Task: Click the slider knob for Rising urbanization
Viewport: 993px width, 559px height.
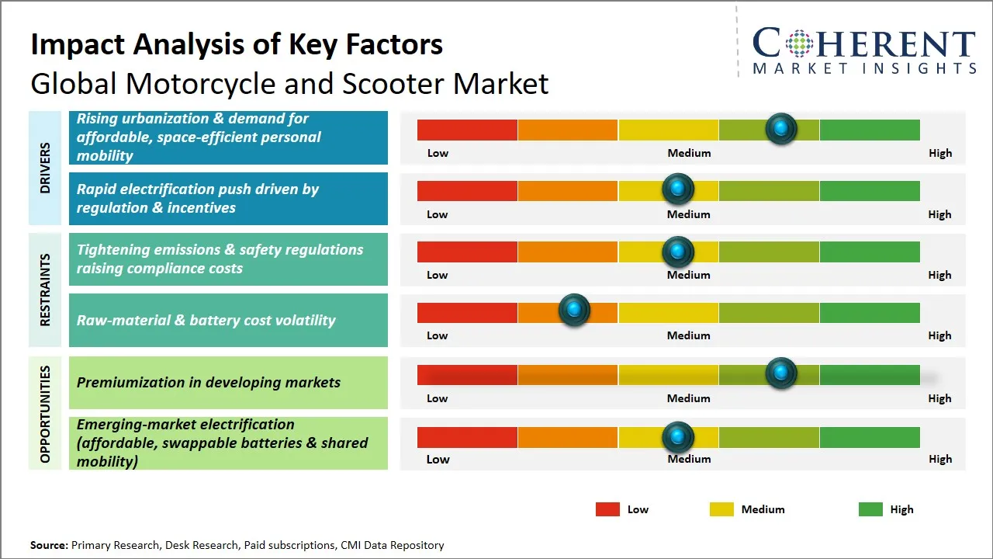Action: tap(781, 129)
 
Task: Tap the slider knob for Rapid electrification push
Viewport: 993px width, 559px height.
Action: tap(678, 189)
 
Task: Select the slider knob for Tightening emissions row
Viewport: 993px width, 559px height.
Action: tap(678, 251)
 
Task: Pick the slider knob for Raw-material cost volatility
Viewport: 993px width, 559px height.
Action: tap(574, 311)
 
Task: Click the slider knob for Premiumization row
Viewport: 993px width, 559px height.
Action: tap(781, 373)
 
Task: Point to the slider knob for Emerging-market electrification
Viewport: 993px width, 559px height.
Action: tap(678, 437)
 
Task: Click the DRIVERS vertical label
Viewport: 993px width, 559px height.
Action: tap(45, 168)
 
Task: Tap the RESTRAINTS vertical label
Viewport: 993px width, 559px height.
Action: tap(45, 290)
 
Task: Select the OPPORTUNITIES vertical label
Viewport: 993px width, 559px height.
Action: tap(45, 414)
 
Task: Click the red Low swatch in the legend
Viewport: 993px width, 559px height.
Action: tap(607, 509)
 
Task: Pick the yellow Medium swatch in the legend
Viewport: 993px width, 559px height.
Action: tap(721, 509)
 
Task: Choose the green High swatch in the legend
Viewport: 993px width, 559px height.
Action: tap(870, 509)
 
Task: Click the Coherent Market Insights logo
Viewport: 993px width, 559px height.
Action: tap(863, 51)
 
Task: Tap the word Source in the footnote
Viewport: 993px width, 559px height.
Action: tap(49, 545)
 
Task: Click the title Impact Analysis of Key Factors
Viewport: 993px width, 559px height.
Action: tap(237, 44)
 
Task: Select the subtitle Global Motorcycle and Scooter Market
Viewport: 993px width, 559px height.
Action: tap(289, 83)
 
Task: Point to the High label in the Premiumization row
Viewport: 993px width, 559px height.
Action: tap(939, 398)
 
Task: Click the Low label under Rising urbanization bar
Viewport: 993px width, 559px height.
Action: tap(438, 153)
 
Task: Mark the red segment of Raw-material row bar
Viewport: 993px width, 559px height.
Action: tap(467, 312)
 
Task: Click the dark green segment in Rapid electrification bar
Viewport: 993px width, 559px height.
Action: tap(869, 190)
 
